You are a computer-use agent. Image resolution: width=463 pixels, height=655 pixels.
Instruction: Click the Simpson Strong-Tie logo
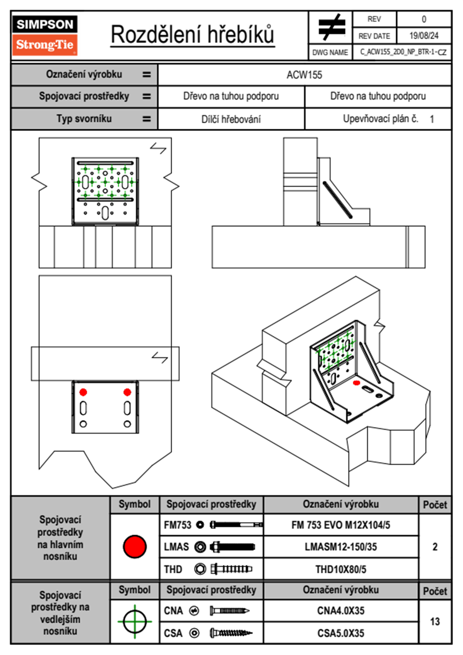(x=45, y=35)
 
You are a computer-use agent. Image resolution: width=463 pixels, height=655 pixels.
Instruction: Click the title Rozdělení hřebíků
(x=193, y=35)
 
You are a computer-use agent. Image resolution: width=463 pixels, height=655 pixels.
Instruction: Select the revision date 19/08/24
(x=424, y=36)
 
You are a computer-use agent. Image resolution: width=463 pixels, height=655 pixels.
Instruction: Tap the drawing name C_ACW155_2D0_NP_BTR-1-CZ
(x=403, y=52)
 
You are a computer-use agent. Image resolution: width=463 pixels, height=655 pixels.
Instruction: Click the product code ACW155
(x=304, y=75)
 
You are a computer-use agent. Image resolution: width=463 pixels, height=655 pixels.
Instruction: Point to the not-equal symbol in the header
(x=331, y=27)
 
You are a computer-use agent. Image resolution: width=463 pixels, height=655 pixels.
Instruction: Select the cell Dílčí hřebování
(x=231, y=119)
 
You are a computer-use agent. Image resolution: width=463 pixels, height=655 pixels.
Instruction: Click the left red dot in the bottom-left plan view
(x=83, y=392)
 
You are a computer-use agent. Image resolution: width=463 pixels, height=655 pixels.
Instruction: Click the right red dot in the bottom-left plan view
(x=127, y=392)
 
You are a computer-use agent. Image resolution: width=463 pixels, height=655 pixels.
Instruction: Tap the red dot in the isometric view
(x=356, y=383)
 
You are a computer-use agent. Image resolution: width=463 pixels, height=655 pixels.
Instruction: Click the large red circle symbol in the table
(x=135, y=546)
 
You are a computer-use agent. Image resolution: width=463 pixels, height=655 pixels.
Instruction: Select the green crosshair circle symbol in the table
(x=135, y=622)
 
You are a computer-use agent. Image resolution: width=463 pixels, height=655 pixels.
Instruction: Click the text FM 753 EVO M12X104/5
(x=340, y=525)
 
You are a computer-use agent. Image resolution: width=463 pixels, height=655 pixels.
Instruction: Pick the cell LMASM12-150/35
(x=340, y=547)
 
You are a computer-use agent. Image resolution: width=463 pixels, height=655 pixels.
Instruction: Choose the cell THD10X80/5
(x=340, y=569)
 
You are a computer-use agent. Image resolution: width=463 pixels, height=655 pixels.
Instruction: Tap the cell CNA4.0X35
(x=340, y=611)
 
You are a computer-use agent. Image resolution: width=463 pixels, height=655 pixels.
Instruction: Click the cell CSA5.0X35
(x=340, y=633)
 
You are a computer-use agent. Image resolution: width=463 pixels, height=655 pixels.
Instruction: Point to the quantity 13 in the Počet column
(x=435, y=622)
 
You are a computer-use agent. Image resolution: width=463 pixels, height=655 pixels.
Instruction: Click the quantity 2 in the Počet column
(x=435, y=547)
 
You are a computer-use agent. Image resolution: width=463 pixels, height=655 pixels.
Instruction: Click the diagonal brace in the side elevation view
(x=337, y=200)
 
